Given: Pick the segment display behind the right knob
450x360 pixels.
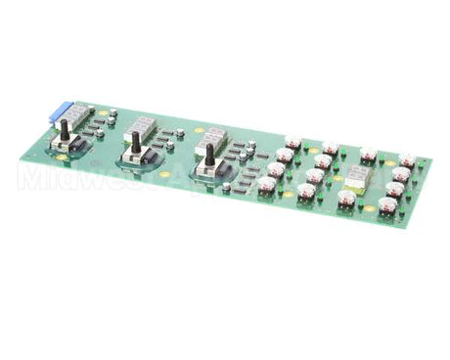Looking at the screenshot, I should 214,134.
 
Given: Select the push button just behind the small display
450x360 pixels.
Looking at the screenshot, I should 368,155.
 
